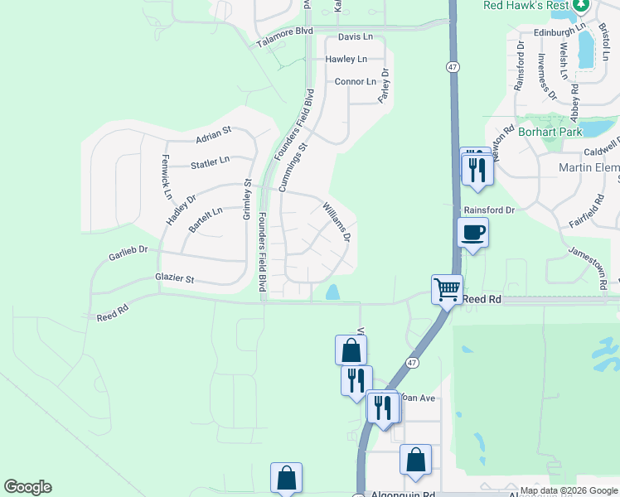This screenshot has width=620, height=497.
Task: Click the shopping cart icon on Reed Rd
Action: pos(447,289)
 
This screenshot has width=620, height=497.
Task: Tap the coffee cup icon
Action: pos(472,232)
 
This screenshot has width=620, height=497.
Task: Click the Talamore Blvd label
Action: pos(284,31)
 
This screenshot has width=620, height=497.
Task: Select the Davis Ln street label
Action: pos(356,38)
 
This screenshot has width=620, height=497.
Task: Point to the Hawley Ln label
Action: pos(346,60)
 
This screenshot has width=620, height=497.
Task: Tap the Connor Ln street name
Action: pos(356,82)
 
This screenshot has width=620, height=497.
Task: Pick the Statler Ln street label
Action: pos(210,162)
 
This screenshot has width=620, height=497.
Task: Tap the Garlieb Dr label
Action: pos(128,253)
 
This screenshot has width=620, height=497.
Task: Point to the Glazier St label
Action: pos(173,279)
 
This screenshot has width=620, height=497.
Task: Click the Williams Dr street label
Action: pos(337,221)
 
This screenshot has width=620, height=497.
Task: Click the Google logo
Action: pos(27,487)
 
